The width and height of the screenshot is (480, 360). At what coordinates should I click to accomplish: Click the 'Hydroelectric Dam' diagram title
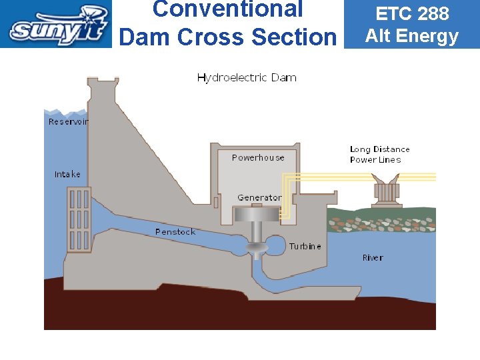coord(247,78)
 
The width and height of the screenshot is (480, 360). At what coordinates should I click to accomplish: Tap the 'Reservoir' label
coord(68,122)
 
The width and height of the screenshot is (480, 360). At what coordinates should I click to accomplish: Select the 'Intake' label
coord(67,175)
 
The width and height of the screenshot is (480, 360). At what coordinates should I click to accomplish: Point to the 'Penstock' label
coord(175,232)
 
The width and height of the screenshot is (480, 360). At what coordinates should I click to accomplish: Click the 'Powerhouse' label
coord(258,158)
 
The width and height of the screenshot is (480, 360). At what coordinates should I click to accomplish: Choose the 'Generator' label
coord(259,198)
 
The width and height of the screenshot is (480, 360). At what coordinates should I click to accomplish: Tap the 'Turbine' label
coord(305,247)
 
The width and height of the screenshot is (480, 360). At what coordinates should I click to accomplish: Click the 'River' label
coord(373,258)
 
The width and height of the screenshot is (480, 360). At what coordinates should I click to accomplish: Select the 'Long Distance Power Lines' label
coord(379,155)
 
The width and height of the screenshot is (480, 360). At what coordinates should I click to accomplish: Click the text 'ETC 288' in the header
coord(412,13)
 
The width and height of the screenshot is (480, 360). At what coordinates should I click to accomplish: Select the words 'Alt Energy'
coord(412,36)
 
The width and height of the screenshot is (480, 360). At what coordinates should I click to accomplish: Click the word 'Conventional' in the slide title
coord(227,9)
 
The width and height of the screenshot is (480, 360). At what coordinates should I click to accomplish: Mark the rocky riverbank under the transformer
coord(381,220)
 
